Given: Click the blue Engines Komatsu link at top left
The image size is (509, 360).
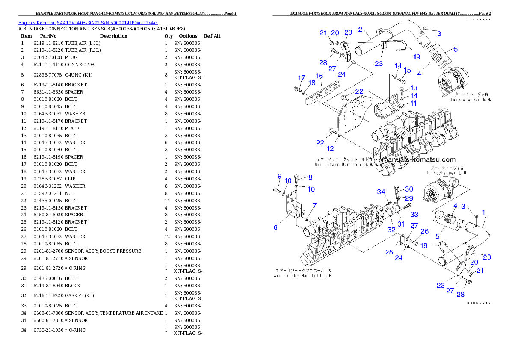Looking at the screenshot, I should click(x=88, y=22).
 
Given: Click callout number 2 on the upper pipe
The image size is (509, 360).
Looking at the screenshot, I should click(x=360, y=30).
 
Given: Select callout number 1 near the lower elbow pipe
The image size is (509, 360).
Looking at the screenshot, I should click(x=484, y=212).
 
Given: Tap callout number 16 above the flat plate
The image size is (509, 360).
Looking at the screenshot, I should click(x=319, y=76).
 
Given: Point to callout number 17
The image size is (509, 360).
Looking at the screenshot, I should click(x=302, y=78).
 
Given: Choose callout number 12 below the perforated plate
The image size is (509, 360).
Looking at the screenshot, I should click(x=330, y=149).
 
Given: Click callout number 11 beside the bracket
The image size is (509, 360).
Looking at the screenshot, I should click(x=414, y=103).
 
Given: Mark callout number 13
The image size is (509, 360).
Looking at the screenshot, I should click(x=414, y=88).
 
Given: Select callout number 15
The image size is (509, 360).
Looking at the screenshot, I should click(x=407, y=70).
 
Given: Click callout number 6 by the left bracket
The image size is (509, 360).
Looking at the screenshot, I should click(x=275, y=227).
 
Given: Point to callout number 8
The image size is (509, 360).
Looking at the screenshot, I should click(x=310, y=177).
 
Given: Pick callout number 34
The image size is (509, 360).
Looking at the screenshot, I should click(x=381, y=192).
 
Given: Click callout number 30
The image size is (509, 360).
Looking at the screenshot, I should click(x=409, y=189).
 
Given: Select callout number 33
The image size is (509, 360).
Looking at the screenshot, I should click(x=414, y=214).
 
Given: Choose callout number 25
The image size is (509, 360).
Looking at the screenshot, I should click(x=388, y=252).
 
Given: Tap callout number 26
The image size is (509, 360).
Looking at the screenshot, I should click(x=424, y=232).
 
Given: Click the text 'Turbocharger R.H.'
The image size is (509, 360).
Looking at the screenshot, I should click(x=470, y=99).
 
